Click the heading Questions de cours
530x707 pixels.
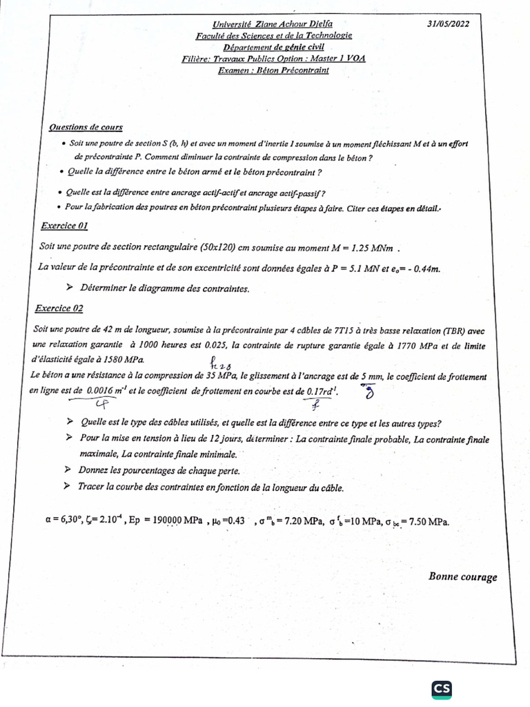tap(86, 127)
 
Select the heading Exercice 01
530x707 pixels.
tap(63, 225)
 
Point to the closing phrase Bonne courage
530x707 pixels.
tap(462, 577)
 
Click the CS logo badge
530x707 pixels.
tap(442, 688)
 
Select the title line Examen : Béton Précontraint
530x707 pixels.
tap(273, 70)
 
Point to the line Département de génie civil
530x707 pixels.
tap(273, 47)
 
